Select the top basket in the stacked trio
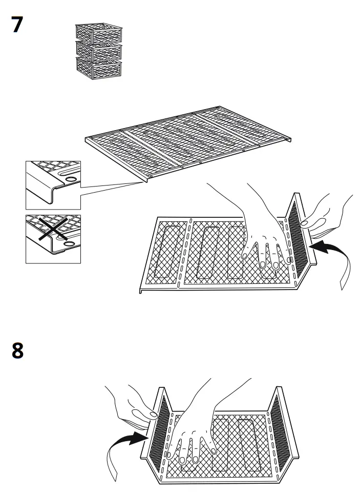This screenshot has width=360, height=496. [x=98, y=33]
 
